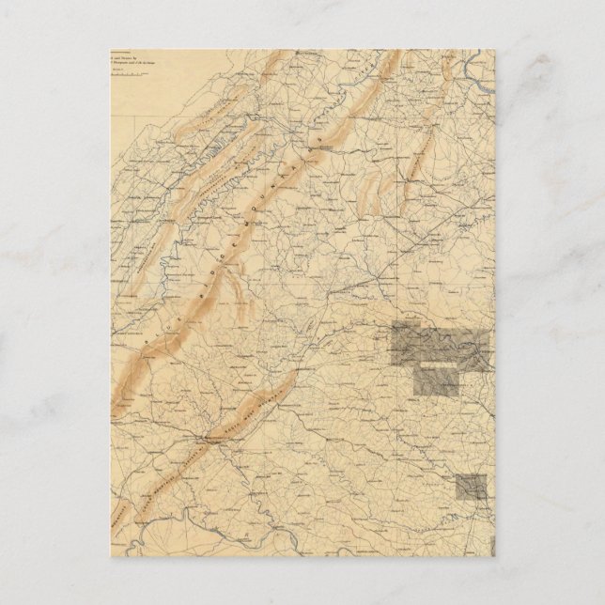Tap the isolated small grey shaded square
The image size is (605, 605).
pyautogui.click(x=473, y=487)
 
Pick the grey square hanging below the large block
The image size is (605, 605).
pyautogui.click(x=437, y=380)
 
